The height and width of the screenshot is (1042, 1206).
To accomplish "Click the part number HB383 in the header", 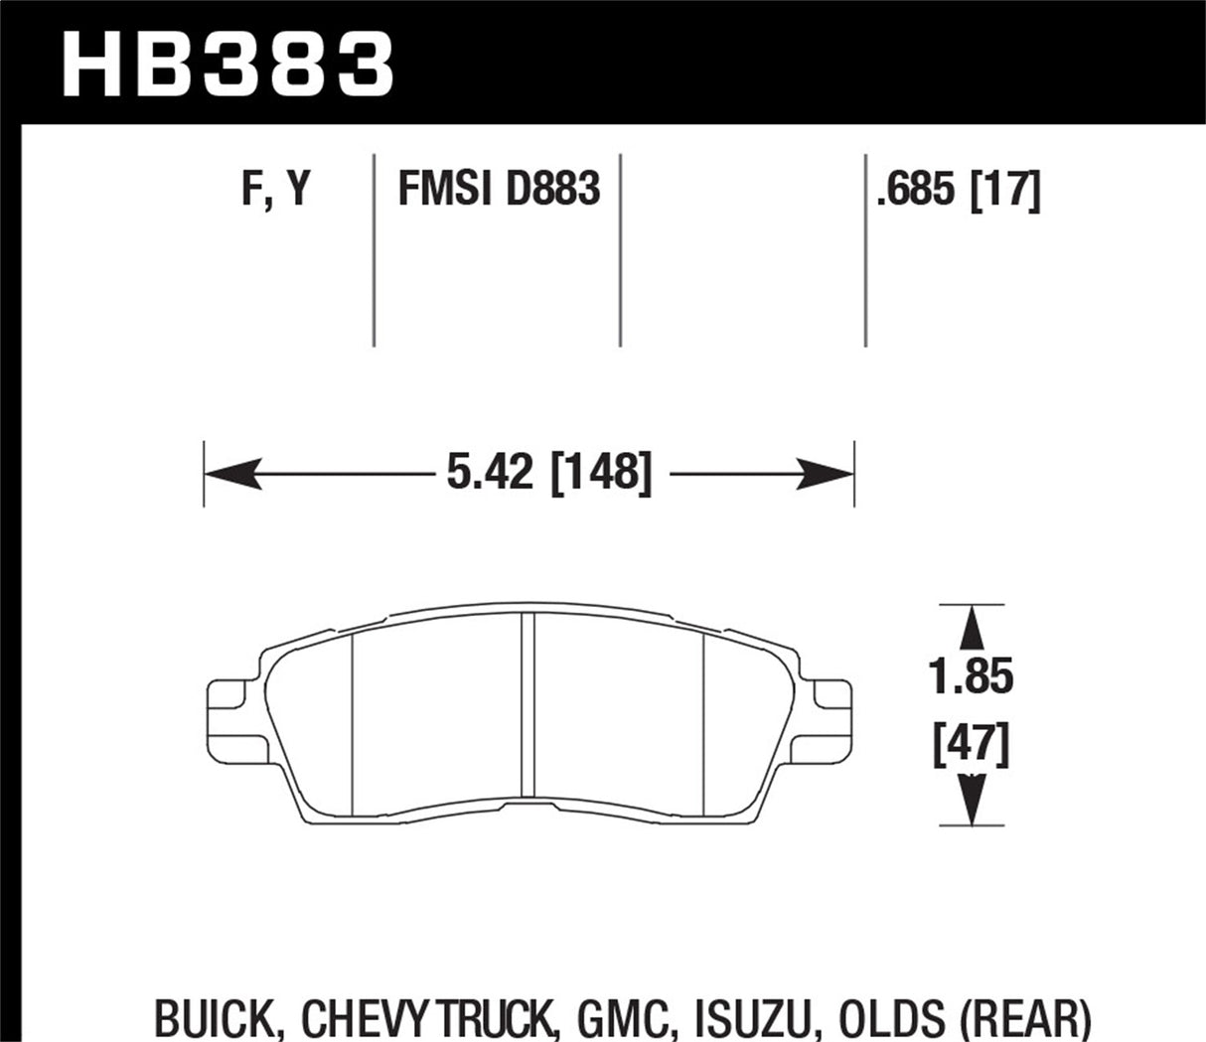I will tap(228, 63).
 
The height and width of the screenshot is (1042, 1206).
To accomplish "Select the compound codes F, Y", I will tap(276, 188).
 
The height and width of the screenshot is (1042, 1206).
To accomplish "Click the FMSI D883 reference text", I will tap(499, 188).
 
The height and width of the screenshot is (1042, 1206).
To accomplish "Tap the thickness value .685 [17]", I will tap(957, 188).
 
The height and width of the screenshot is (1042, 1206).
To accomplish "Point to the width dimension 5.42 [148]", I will tap(549, 474).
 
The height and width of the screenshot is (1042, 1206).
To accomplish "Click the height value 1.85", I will tap(971, 676).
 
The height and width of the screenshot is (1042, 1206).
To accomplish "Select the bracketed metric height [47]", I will tap(971, 744).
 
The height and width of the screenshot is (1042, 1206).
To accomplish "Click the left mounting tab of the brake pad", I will tap(234, 714).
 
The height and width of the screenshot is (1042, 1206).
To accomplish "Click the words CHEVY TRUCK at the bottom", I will tap(425, 1019).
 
